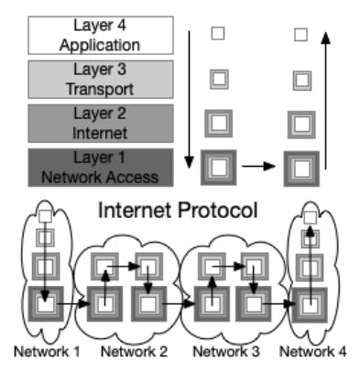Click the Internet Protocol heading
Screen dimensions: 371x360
click(x=178, y=210)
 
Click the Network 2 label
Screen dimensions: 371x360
click(x=133, y=352)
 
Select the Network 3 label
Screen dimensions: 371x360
click(x=225, y=352)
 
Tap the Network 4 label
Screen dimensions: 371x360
click(x=312, y=352)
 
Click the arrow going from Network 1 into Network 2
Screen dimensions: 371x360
click(x=76, y=300)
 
